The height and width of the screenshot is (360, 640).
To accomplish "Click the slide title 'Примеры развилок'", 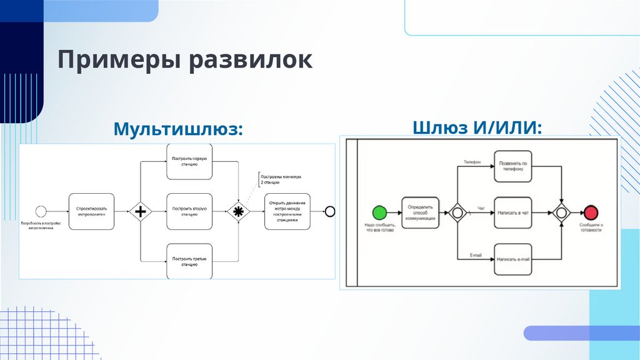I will click(185, 61).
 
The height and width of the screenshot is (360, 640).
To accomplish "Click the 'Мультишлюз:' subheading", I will click(177, 129).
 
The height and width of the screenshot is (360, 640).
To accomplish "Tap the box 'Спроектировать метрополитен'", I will click(91, 211).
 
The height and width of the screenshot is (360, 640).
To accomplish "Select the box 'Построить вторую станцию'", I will click(189, 211).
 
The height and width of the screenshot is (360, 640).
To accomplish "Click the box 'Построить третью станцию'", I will click(189, 261).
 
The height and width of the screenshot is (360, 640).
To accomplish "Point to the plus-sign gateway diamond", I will click(141, 212).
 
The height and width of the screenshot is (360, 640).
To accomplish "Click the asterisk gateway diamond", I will click(237, 212).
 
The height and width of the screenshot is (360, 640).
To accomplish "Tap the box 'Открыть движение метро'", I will click(287, 211).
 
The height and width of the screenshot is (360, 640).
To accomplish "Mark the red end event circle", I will click(591, 212).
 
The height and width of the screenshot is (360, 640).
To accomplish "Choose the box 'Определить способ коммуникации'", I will click(419, 212).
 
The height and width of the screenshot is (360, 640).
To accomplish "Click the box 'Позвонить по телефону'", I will click(513, 166).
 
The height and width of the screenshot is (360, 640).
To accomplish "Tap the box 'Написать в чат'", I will click(513, 212).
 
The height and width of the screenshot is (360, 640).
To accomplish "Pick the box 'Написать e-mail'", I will click(513, 259).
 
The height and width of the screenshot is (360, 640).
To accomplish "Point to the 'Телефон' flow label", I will click(472, 162).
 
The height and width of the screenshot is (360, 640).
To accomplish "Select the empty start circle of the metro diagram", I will click(41, 211).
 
